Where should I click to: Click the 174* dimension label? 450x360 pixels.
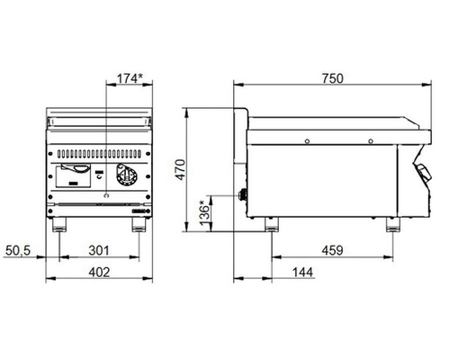point(130,78)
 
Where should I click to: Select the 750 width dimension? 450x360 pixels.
point(333,78)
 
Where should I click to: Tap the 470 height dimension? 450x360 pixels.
point(181,170)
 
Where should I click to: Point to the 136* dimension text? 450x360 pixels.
point(204,213)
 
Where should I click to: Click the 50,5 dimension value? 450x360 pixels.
point(18,250)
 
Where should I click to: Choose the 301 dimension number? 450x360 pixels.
point(99,250)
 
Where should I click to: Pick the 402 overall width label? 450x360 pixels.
point(99,272)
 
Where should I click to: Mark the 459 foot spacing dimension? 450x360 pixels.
point(332,250)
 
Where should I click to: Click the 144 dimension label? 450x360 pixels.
point(302,272)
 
